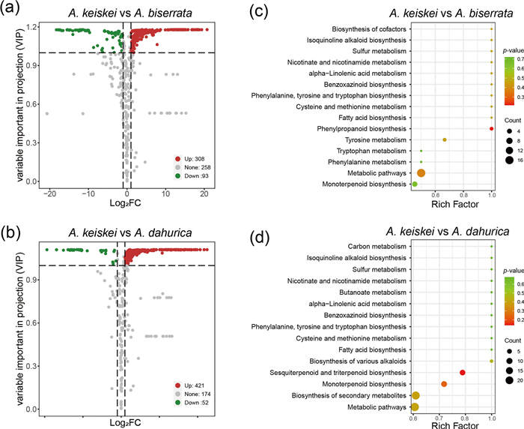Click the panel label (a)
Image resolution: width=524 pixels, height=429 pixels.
pyautogui.click(x=13, y=10)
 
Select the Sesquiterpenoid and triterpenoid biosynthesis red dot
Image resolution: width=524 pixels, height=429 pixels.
pyautogui.click(x=463, y=372)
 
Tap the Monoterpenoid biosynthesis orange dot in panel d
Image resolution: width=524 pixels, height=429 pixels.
pyautogui.click(x=444, y=384)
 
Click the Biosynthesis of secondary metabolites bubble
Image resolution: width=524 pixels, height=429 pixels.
pyautogui.click(x=415, y=395)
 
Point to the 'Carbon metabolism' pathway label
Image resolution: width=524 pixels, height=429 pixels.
pyautogui.click(x=377, y=246)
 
